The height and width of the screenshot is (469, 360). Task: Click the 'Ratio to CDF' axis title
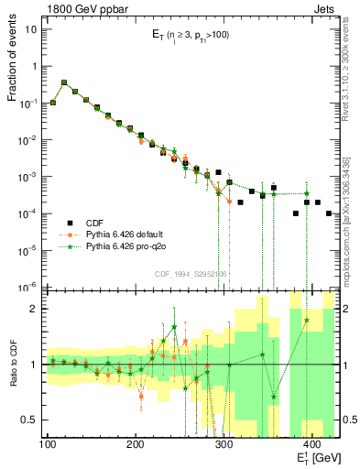[14, 365]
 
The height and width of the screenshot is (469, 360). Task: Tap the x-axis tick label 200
[135, 445]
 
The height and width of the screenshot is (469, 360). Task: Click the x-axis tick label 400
[311, 445]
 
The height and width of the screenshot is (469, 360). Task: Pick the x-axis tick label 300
[223, 445]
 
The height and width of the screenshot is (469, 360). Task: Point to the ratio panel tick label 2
[39, 309]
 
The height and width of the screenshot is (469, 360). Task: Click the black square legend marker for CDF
[65, 221]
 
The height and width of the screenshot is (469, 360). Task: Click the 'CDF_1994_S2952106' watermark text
[191, 274]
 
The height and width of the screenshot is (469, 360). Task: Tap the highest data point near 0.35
[64, 82]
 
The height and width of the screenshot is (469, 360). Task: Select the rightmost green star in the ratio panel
[306, 320]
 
